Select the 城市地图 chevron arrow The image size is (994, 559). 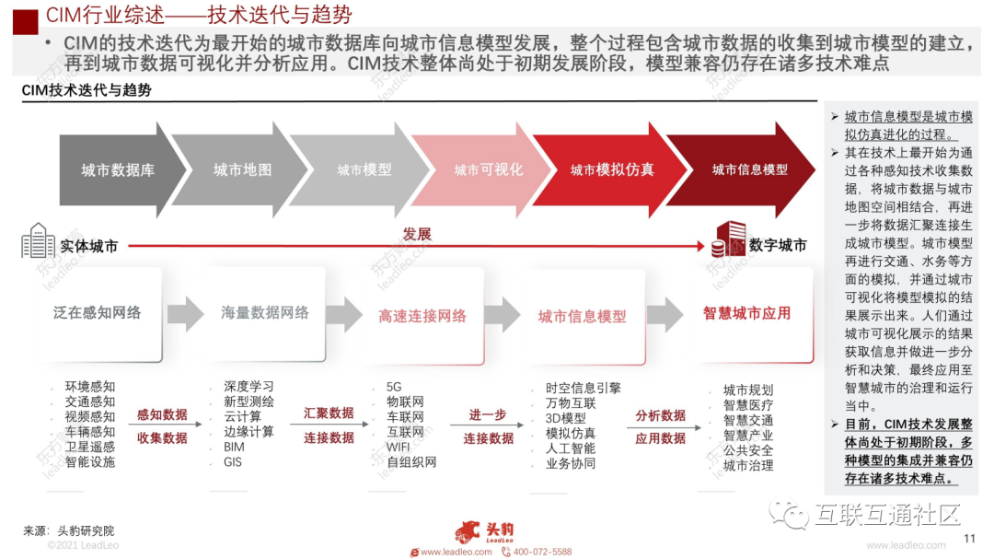242,169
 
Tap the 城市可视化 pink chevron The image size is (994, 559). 488,169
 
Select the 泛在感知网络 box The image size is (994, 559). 98,313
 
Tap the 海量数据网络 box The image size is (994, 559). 265,313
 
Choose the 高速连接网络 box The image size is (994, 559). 422,315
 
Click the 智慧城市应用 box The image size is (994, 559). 746,313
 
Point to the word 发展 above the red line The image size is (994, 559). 417,234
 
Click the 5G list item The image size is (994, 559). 394,388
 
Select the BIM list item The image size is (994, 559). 234,447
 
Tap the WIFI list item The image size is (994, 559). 399,447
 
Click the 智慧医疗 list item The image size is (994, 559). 748,404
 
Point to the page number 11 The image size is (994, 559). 968,539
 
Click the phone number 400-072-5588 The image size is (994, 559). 542,552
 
